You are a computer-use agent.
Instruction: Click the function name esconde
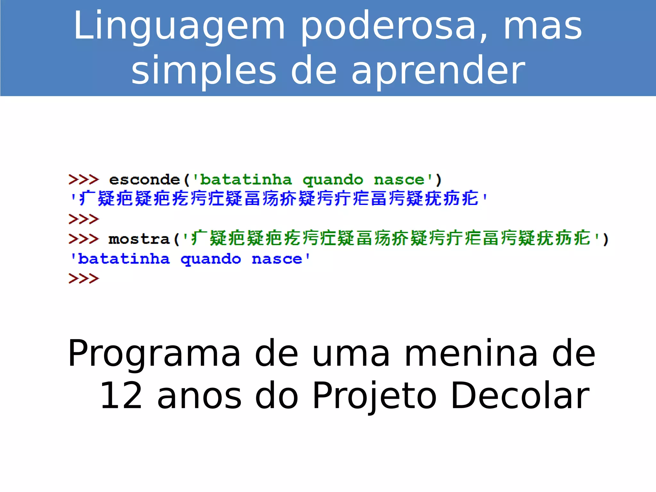pos(144,180)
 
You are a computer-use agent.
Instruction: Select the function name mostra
pos(139,239)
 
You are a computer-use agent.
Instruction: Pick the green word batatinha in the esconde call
pos(246,180)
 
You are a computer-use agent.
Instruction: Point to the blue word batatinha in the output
pos(124,259)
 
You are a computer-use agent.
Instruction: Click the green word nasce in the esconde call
pos(399,180)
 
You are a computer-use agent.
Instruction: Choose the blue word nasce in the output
pos(277,259)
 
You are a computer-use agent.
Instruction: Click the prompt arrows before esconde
pos(84,180)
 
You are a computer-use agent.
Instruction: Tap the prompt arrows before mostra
pos(84,239)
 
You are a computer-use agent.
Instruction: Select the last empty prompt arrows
pos(84,279)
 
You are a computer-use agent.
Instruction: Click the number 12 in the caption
pos(121,396)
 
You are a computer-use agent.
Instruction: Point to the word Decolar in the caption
pos(520,396)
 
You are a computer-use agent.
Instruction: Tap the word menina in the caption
pos(471,354)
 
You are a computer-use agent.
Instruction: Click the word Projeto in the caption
pos(374,397)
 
